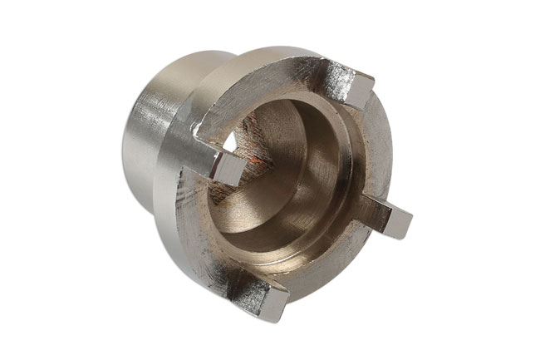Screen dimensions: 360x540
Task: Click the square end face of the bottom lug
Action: click(273, 305)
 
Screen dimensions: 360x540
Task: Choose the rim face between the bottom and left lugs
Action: click(208, 241)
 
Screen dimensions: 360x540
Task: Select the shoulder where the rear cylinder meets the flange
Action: click(179, 108)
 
